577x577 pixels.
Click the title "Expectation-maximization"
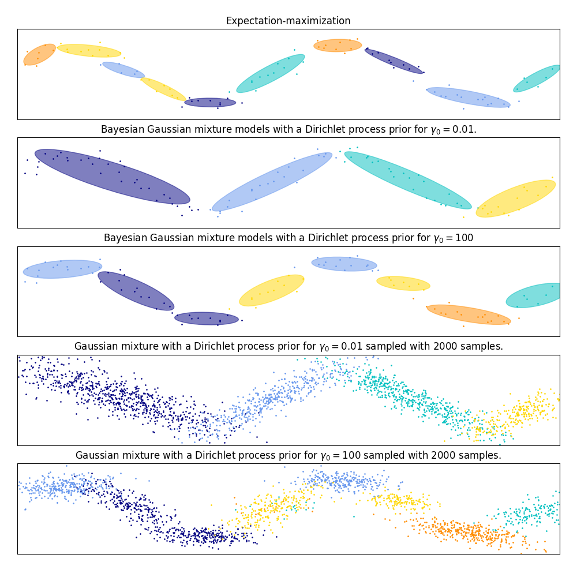[x=288, y=21]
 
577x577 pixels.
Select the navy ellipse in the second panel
[x=112, y=177]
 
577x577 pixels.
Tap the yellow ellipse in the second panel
[x=516, y=198]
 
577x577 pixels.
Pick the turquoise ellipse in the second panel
[x=407, y=180]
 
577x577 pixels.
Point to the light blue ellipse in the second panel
[x=272, y=182]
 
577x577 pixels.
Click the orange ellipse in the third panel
[x=469, y=314]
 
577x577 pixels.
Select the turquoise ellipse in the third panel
[x=534, y=295]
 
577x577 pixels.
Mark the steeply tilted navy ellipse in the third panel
[x=136, y=291]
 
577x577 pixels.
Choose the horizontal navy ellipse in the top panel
[x=210, y=102]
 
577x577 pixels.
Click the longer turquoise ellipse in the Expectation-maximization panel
[x=271, y=73]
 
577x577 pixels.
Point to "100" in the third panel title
[x=463, y=238]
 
